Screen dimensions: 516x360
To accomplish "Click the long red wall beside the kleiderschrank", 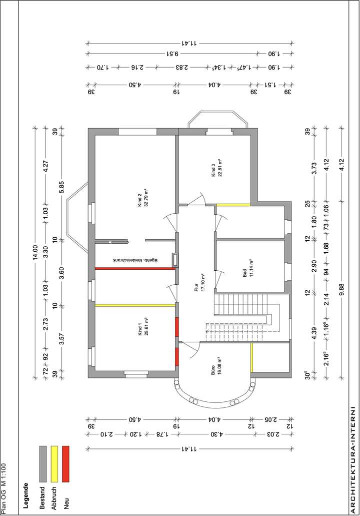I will pyautogui.click(x=134, y=269).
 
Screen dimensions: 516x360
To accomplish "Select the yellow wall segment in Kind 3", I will pyautogui.click(x=233, y=204).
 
